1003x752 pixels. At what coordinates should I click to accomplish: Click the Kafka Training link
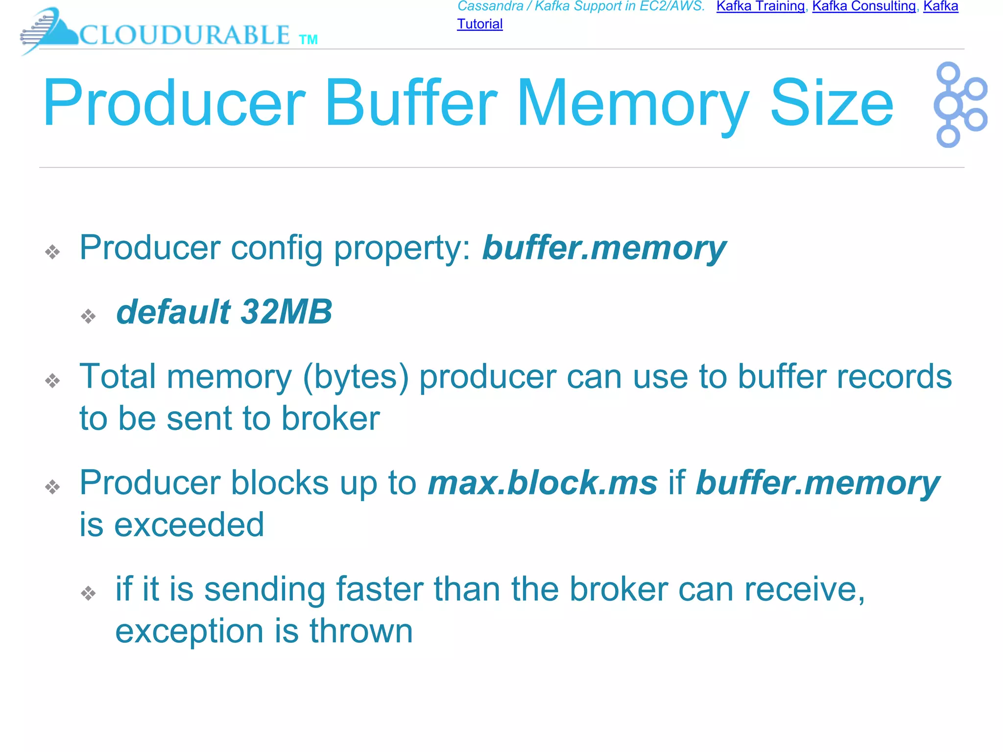pos(760,6)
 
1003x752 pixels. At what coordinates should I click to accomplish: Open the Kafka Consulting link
pos(864,6)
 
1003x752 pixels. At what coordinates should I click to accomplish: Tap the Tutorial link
pos(479,24)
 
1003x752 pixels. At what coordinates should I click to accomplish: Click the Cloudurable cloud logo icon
pos(49,30)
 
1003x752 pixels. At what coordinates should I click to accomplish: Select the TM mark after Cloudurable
pos(309,40)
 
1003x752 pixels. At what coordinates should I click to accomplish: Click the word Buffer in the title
pos(410,103)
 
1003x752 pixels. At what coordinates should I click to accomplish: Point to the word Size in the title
pos(832,103)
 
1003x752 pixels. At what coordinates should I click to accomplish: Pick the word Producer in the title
pos(174,103)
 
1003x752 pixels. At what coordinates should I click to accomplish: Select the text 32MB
pos(287,312)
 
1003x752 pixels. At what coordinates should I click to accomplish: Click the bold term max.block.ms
pos(543,483)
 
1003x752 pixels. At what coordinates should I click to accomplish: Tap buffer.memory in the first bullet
pos(604,248)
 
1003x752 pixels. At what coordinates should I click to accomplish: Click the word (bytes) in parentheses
pos(356,377)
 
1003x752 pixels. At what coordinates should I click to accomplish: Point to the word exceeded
pos(189,525)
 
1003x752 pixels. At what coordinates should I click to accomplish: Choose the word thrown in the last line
pos(361,631)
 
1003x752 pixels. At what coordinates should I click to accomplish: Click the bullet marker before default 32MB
pos(88,316)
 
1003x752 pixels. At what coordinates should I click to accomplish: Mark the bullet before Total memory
pos(52,380)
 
